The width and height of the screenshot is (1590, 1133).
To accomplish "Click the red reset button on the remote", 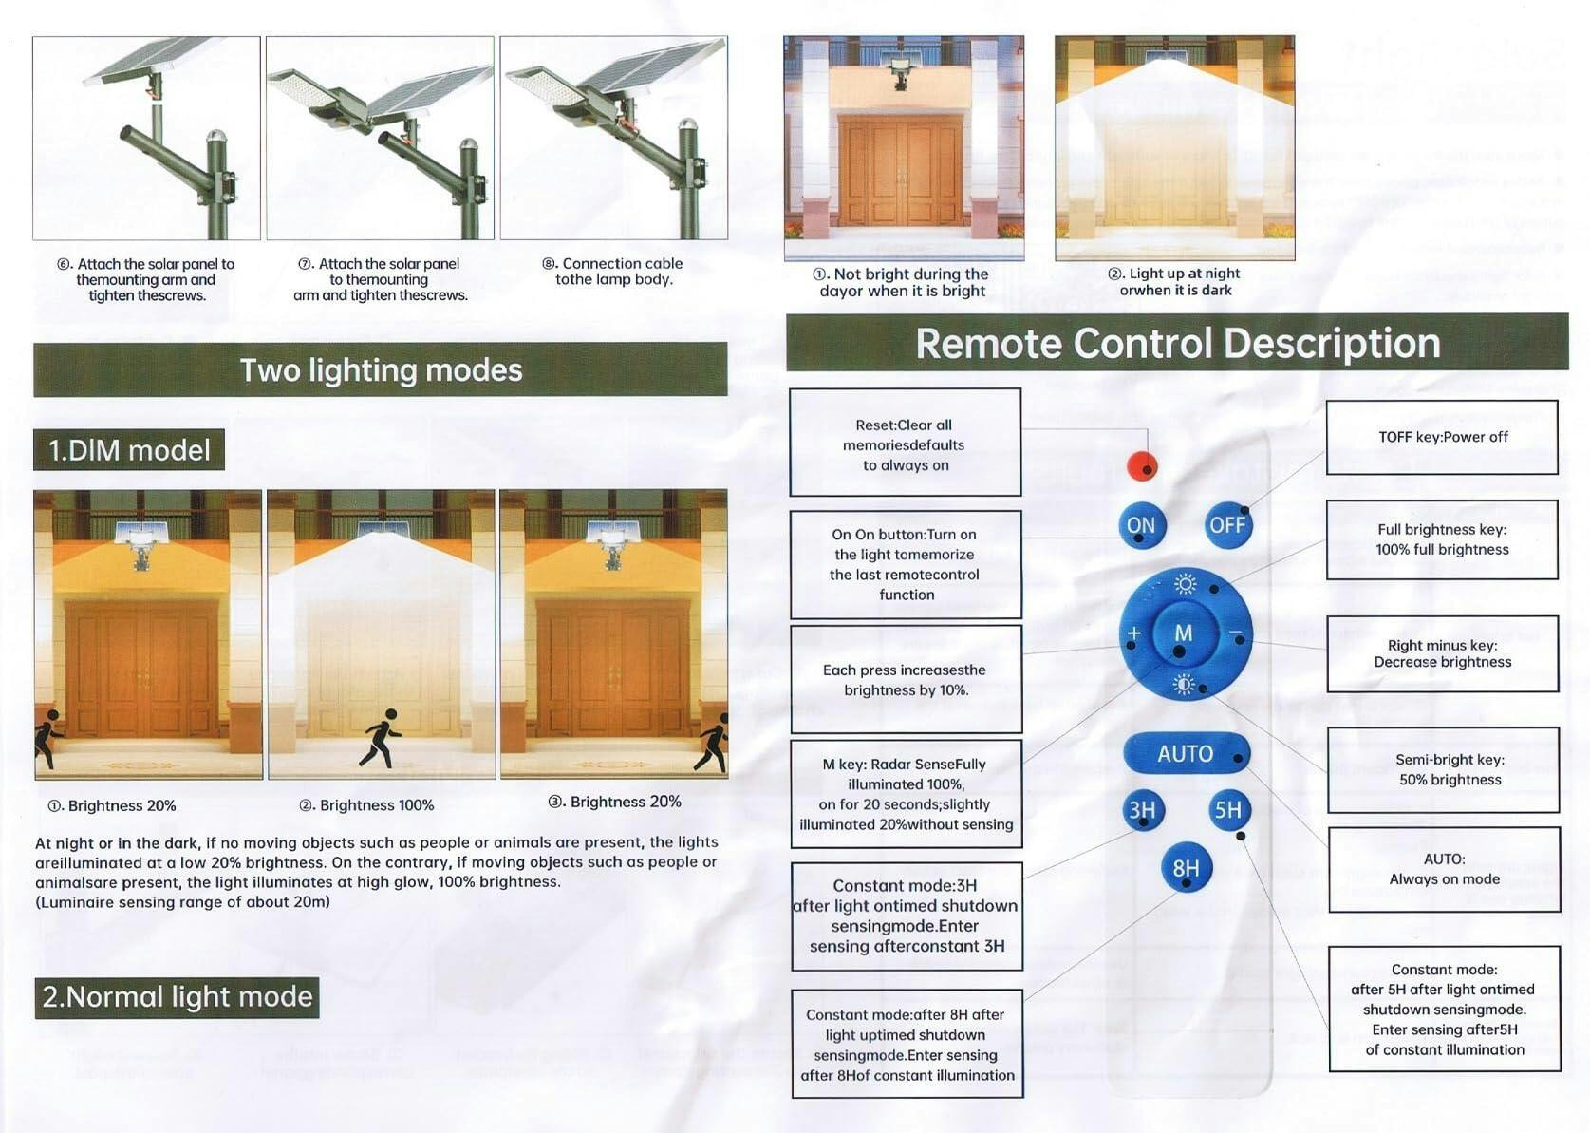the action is [x=1142, y=466].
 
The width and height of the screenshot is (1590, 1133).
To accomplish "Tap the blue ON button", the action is [x=1141, y=525].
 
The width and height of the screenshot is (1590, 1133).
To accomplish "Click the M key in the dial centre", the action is [x=1183, y=633].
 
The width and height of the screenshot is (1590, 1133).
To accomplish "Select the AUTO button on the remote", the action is [x=1187, y=754].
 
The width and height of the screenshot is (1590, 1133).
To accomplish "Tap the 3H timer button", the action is [x=1143, y=810].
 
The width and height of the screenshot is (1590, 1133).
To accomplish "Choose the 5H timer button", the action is [x=1228, y=810].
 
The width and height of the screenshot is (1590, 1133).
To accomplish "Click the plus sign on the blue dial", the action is [x=1134, y=633].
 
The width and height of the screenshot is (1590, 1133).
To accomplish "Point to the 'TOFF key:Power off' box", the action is [x=1442, y=438].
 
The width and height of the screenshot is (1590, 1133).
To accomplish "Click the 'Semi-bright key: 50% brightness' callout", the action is [x=1443, y=769].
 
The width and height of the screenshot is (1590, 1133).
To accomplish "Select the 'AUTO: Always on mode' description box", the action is [x=1444, y=870].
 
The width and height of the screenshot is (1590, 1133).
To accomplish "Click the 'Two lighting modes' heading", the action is [x=381, y=370].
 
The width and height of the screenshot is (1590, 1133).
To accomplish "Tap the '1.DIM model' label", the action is [x=129, y=449].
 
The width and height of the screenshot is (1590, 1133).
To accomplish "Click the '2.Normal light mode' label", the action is [x=177, y=997].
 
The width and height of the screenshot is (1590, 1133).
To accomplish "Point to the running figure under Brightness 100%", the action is [x=381, y=738].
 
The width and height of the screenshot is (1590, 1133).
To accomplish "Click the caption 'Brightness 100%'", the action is [x=367, y=805].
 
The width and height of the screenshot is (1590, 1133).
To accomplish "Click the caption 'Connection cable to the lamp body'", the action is [x=613, y=272].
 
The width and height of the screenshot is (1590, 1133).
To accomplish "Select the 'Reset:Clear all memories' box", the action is [x=905, y=442].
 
